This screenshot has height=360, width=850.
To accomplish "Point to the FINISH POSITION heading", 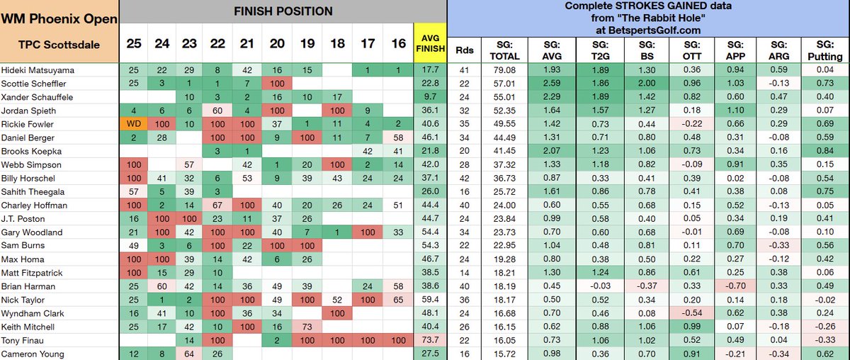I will tap(283, 11).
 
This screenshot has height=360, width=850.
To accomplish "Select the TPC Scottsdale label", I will tap(50, 43).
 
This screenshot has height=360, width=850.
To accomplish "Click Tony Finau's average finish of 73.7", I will tap(431, 339).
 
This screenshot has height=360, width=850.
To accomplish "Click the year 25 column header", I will tap(134, 43).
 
